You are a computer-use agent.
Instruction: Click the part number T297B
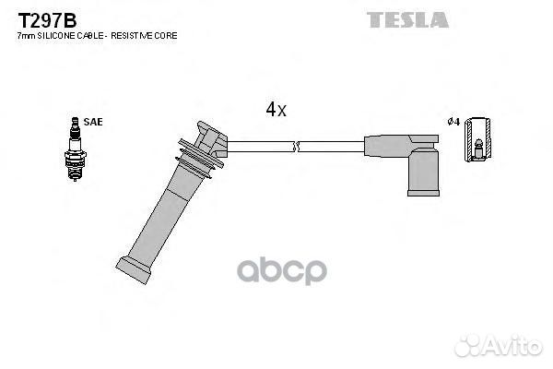pos(47,21)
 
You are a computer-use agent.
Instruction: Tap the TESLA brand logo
pos(407,19)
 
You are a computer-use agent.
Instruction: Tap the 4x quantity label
pos(276,109)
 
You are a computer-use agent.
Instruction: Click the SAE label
pos(93,122)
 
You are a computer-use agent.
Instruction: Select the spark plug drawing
pos(75,149)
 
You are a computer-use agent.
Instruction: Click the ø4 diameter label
pos(453,122)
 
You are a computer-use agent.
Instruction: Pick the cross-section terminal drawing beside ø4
pos(477,139)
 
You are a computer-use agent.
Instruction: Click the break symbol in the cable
pos(296,147)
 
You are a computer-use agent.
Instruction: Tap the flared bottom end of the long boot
pos(134,269)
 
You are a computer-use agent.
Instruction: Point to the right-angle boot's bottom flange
pos(423,193)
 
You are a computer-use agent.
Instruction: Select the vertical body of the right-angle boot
pos(424,171)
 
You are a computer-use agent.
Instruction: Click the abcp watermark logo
pos(282,271)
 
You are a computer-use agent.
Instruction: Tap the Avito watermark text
pos(514,346)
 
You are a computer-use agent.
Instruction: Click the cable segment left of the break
pos(260,147)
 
